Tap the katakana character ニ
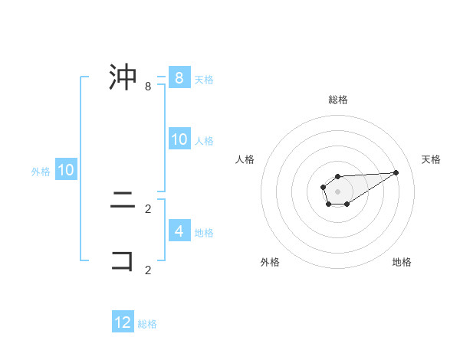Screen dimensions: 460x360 coord(123,202)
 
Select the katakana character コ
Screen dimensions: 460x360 coord(123,260)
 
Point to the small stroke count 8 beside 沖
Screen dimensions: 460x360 coord(148,87)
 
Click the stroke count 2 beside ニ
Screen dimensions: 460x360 coord(148,208)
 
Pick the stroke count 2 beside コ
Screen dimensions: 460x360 coord(148,270)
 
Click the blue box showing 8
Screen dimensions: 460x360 coord(179,77)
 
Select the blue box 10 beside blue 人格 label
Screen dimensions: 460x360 coord(179,139)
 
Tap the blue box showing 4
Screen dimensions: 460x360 coord(179,231)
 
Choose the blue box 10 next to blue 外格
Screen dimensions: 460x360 coord(65,170)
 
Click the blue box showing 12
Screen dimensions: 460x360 coord(123,322)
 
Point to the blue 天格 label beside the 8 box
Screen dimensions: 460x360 coord(204,79)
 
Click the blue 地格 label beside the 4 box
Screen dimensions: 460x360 coord(204,232)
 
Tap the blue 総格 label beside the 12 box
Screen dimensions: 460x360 coord(147,324)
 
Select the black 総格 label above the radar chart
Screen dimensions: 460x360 coord(338,100)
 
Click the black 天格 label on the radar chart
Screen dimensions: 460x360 coord(431,159)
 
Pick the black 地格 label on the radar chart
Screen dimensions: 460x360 coord(402,262)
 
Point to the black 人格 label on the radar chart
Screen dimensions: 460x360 coord(245,159)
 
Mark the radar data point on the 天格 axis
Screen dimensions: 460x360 coord(396,172)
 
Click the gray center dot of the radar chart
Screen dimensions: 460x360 coord(337,191)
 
